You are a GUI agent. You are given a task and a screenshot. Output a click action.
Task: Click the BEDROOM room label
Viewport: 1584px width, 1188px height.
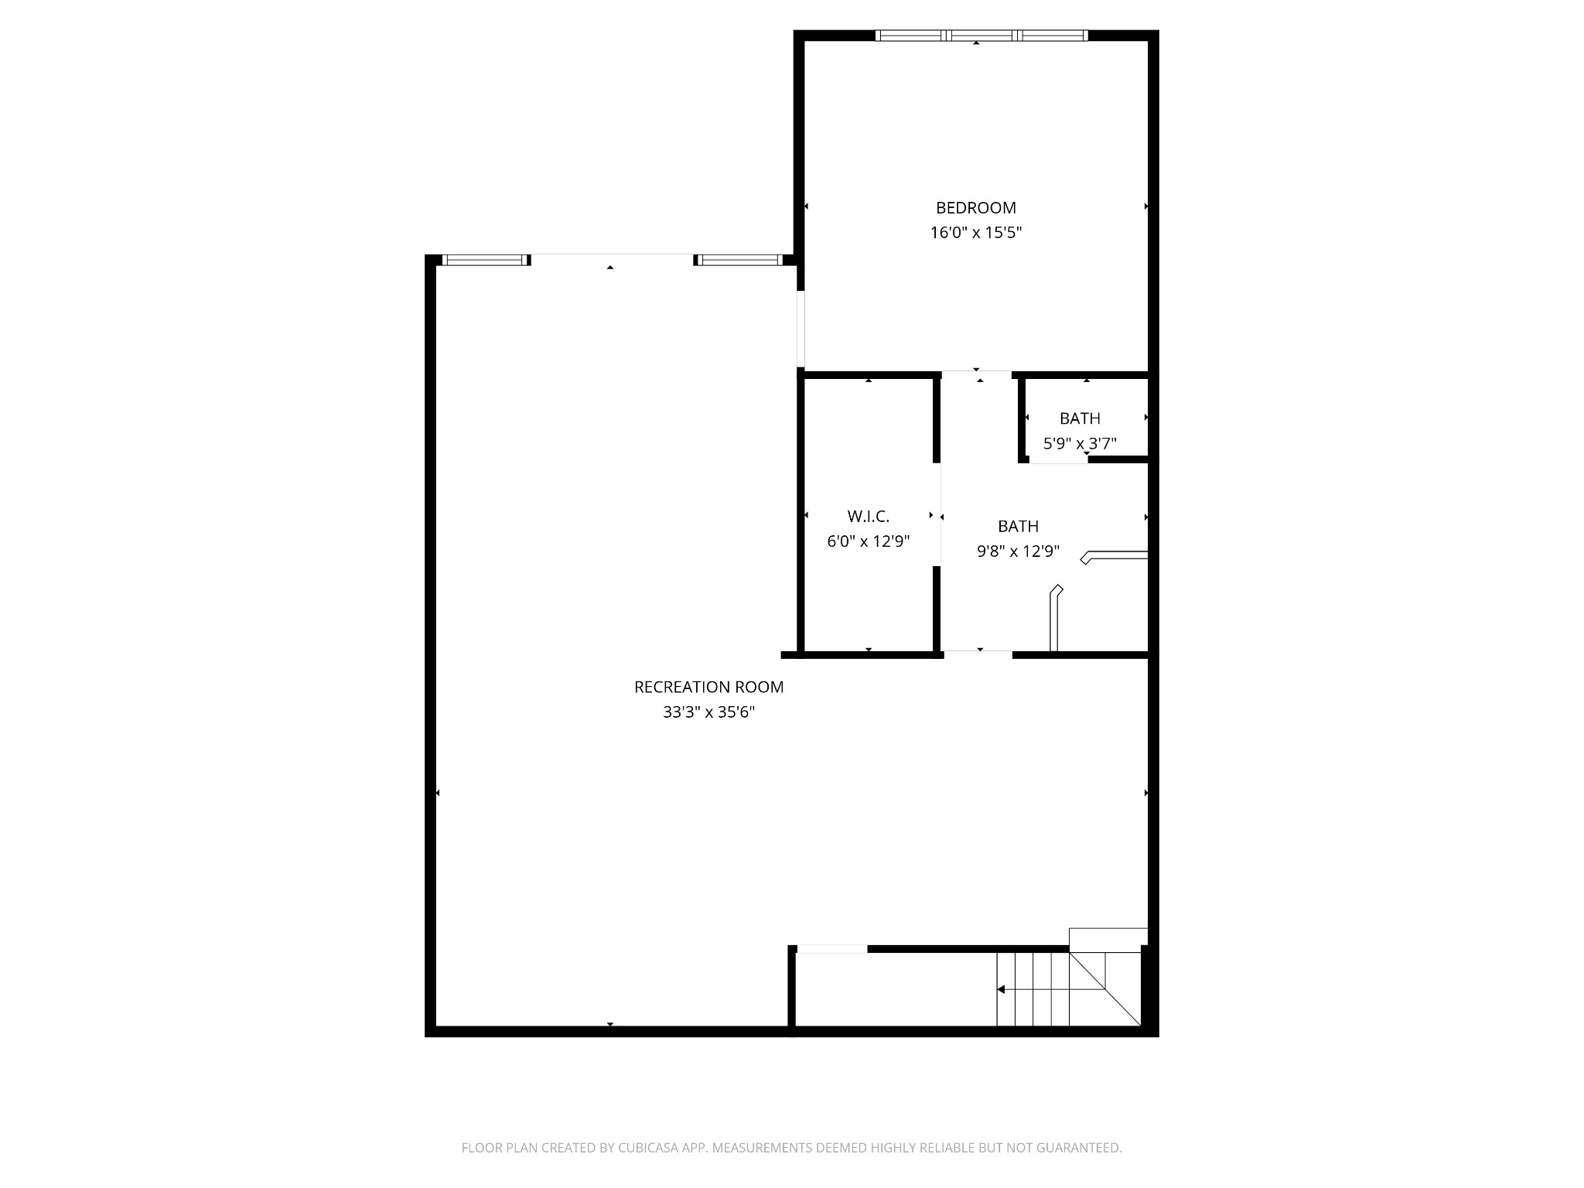click(x=975, y=207)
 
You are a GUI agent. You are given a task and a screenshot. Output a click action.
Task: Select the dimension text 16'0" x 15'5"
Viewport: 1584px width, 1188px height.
click(x=975, y=233)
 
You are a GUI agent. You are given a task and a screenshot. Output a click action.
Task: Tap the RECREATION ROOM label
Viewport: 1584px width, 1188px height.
click(x=708, y=687)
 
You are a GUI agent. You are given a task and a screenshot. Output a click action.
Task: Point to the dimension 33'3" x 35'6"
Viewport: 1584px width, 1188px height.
click(x=708, y=712)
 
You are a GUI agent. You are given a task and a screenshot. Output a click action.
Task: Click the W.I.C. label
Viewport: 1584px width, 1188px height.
click(x=868, y=516)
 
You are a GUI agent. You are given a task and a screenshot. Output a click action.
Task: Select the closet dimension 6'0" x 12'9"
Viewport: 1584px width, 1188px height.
click(x=868, y=541)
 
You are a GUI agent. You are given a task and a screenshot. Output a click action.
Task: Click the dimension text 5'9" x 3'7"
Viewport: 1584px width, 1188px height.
click(x=1080, y=444)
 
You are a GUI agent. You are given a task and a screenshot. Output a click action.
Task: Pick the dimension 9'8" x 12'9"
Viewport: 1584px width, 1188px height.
click(x=1018, y=551)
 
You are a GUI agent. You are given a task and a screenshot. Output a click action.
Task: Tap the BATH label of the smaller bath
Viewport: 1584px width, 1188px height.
click(x=1080, y=418)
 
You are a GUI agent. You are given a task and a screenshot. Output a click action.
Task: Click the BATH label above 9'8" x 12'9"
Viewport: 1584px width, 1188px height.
click(x=1018, y=526)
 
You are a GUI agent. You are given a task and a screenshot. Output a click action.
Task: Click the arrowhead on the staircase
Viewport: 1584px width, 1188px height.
click(x=1001, y=989)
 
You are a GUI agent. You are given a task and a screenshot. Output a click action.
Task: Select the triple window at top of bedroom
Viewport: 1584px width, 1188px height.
click(x=981, y=35)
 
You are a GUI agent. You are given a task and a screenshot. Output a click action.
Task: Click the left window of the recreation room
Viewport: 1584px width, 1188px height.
click(x=485, y=260)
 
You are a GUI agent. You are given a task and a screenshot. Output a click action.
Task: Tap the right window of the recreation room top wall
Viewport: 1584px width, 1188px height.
click(x=739, y=260)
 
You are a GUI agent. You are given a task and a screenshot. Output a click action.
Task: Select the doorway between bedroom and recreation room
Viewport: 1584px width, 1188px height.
click(x=801, y=329)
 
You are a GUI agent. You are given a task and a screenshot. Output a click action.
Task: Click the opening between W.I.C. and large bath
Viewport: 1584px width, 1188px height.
click(x=937, y=514)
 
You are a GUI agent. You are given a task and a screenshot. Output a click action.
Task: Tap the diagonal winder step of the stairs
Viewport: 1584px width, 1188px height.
click(x=1104, y=988)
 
